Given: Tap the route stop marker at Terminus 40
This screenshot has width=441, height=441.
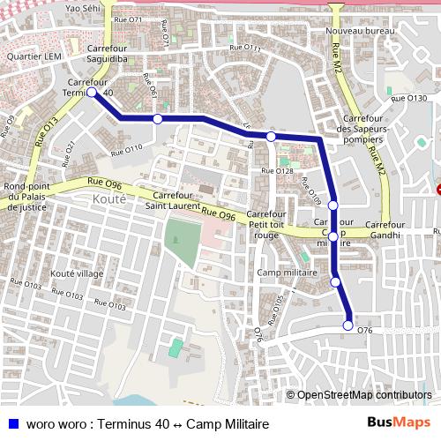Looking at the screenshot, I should pyautogui.click(x=92, y=91).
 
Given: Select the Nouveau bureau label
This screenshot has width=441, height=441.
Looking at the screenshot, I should pyautogui.click(x=359, y=31).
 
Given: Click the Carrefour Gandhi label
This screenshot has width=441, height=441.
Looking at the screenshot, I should pyautogui.click(x=385, y=230).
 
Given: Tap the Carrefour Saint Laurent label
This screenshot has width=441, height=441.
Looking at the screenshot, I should pyautogui.click(x=171, y=200).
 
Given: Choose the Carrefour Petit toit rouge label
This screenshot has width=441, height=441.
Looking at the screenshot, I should pyautogui.click(x=265, y=225).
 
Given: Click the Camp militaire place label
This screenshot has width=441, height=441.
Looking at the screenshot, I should pyautogui.click(x=287, y=273).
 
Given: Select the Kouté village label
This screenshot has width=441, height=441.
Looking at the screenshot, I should pyautogui.click(x=78, y=273).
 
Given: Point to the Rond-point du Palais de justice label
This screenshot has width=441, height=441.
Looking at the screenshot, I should pyautogui.click(x=25, y=198).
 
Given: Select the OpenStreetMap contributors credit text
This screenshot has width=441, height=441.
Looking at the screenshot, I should pyautogui.click(x=363, y=394).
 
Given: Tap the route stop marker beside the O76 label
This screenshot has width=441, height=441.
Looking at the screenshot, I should pyautogui.click(x=348, y=325).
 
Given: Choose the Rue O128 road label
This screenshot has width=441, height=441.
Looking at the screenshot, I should pyautogui.click(x=277, y=170).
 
